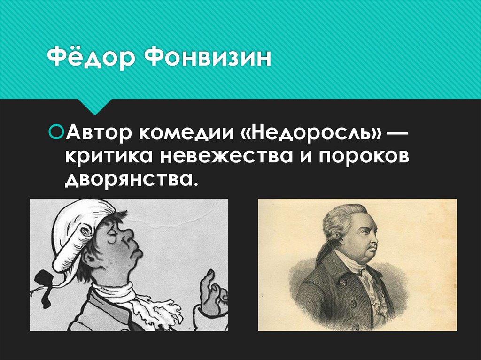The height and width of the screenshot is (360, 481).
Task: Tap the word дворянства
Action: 129,179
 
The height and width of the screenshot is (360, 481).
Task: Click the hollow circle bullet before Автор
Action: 56,130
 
